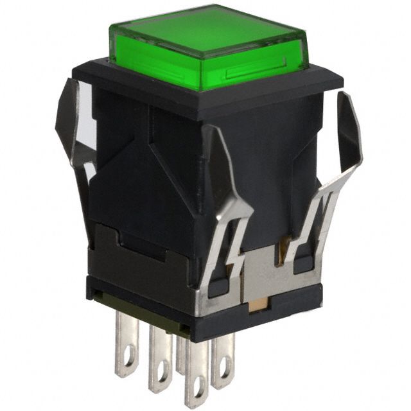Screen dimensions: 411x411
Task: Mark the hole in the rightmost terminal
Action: pyautogui.click(x=224, y=372)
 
